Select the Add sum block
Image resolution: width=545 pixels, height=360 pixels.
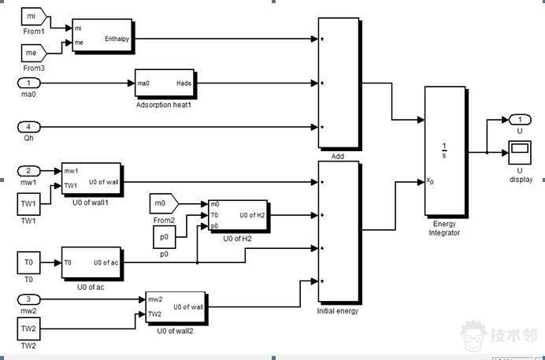pyautogui.click(x=338, y=83)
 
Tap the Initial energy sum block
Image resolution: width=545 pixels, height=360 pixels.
pyautogui.click(x=338, y=232)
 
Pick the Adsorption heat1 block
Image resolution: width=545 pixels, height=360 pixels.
pyautogui.click(x=164, y=83)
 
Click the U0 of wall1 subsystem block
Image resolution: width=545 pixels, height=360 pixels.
pyautogui.click(x=91, y=182)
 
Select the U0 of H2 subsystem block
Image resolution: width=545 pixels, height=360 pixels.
pyautogui.click(x=237, y=215)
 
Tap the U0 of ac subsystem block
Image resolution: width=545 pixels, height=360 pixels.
pyautogui.click(x=91, y=263)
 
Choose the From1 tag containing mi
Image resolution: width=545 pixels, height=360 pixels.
pyautogui.click(x=32, y=16)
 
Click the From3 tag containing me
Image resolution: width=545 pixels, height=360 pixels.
pyautogui.click(x=32, y=52)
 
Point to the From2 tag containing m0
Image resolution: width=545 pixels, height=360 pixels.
pyautogui.click(x=165, y=204)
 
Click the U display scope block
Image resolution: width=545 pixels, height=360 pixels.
pyautogui.click(x=519, y=150)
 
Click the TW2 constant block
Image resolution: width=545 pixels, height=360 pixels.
pyautogui.click(x=28, y=328)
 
